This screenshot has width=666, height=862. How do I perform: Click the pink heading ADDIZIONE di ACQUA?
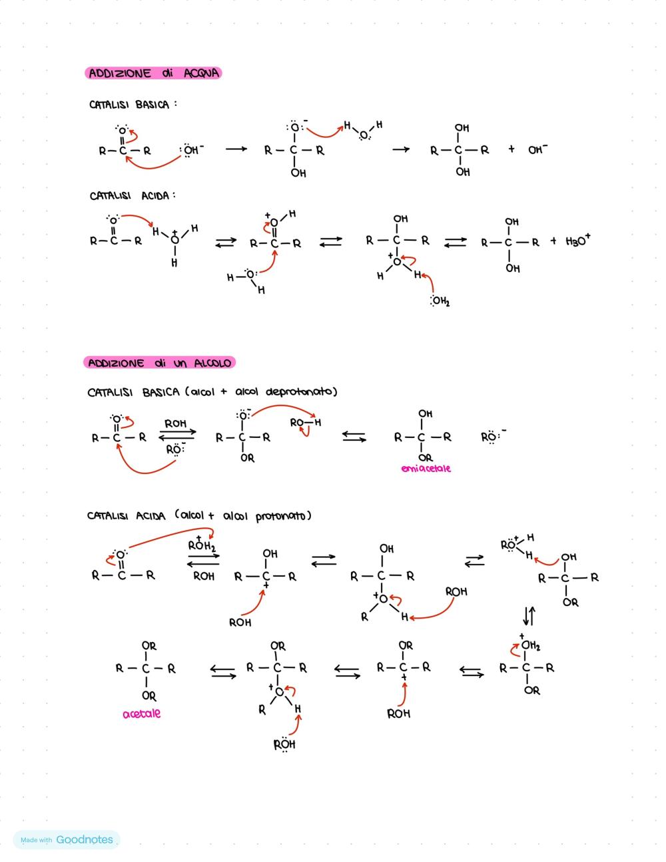click(153, 73)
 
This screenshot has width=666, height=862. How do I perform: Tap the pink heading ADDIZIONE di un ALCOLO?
click(159, 363)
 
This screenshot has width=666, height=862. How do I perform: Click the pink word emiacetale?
click(426, 469)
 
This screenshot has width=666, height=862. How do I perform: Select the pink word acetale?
click(141, 714)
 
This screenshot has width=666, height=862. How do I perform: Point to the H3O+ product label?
click(578, 241)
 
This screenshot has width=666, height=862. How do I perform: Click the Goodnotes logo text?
click(85, 839)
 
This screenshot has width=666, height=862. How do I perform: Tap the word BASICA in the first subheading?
click(153, 105)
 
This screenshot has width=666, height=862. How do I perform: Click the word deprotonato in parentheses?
click(300, 392)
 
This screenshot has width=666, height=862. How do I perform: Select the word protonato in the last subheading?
click(280, 516)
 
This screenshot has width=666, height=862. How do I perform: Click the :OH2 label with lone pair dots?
click(440, 301)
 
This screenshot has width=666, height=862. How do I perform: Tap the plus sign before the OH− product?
click(511, 149)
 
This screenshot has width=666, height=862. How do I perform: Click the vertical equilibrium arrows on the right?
click(529, 616)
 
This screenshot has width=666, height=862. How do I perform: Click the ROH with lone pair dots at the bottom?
click(284, 745)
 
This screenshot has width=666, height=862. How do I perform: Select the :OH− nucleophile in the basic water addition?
click(191, 151)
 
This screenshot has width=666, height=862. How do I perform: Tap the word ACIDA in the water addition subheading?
click(155, 195)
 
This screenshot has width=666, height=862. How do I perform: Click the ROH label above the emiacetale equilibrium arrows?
click(176, 423)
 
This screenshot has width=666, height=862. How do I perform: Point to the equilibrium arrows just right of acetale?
click(223, 671)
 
